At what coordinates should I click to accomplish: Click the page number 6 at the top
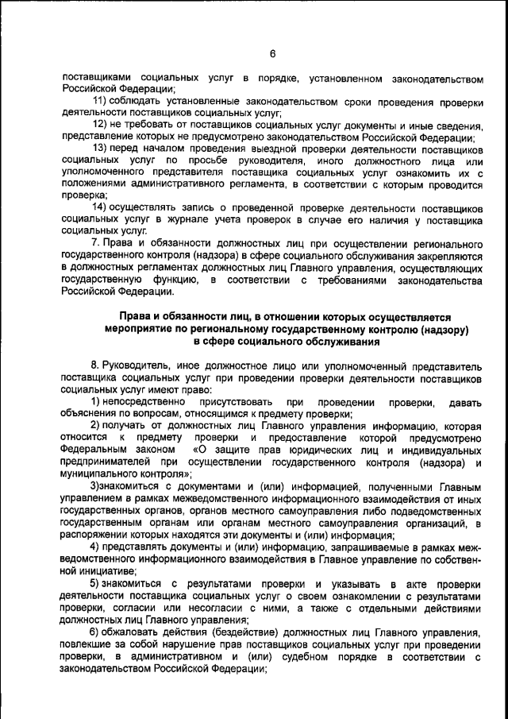pos(271,54)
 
